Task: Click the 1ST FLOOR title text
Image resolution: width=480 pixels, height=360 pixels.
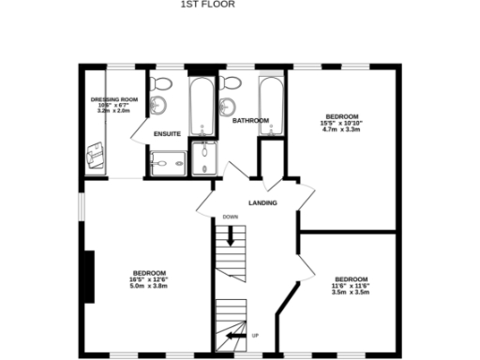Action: tap(207, 5)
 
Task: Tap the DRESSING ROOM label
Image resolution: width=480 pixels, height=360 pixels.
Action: tap(114, 98)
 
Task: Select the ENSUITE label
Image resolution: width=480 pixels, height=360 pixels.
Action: tap(168, 134)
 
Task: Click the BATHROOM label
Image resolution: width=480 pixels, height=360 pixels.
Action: tap(250, 120)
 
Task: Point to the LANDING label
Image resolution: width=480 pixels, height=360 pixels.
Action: tap(262, 202)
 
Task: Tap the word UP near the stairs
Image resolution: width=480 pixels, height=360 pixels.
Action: tap(256, 335)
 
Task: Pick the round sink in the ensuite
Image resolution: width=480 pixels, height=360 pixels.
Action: tap(158, 103)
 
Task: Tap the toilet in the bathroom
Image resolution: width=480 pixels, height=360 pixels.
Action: tap(230, 82)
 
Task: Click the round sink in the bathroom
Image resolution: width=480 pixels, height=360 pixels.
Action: tap(228, 105)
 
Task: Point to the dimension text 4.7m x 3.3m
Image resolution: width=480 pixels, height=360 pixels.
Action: tap(341, 129)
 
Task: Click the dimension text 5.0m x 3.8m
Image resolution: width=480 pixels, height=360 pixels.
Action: tap(148, 285)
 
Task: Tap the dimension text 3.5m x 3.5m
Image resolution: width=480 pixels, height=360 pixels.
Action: tap(351, 292)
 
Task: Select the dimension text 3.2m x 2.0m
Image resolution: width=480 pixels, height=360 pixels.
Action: tap(114, 110)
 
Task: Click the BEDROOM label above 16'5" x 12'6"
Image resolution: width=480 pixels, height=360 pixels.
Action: tap(148, 272)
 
